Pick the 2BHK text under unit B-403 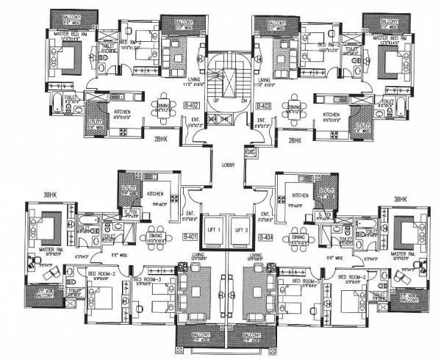coord(295,139)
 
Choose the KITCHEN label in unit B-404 coord(299,195)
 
